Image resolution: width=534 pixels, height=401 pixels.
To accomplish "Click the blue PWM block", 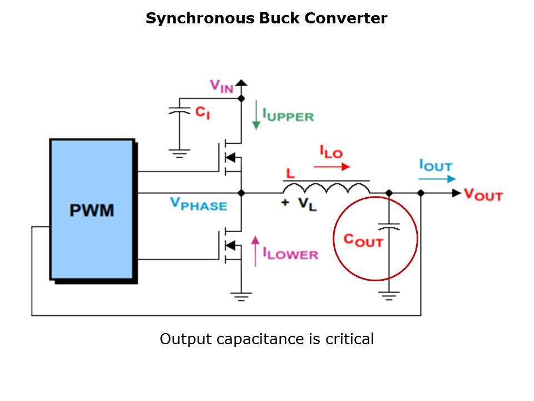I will pyautogui.click(x=92, y=209).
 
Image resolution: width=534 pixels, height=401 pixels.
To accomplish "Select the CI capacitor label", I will pyautogui.click(x=202, y=113).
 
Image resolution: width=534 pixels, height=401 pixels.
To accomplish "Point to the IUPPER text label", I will pyautogui.click(x=288, y=116).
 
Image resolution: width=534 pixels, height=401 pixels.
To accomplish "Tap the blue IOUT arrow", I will pyautogui.click(x=438, y=179).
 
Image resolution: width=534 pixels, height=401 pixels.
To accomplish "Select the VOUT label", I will pyautogui.click(x=483, y=194).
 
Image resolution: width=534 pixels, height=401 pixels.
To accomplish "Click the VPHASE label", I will pyautogui.click(x=199, y=204).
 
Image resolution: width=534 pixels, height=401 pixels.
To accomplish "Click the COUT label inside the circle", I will pyautogui.click(x=363, y=240).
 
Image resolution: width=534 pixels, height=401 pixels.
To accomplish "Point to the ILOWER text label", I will pyautogui.click(x=290, y=255).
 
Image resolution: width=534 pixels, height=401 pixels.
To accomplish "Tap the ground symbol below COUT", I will pyautogui.click(x=389, y=295).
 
